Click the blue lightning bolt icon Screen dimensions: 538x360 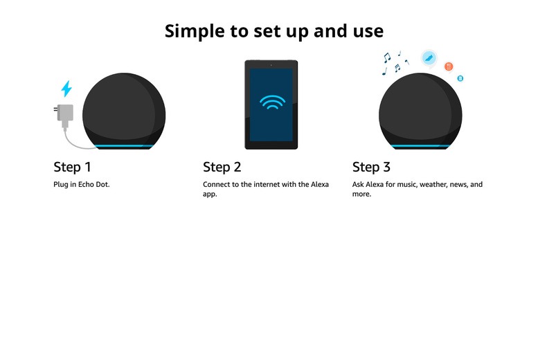point(66,89)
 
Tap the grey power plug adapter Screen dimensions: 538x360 point(64,114)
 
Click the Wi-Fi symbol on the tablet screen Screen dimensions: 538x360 point(272,102)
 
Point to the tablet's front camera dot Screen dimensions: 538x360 point(271,65)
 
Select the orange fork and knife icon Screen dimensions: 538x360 point(449,66)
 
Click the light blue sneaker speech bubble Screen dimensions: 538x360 point(429,58)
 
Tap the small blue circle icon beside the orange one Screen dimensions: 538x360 point(460,78)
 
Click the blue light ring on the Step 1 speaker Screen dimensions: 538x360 point(124,146)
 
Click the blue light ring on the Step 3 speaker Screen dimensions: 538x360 point(420,146)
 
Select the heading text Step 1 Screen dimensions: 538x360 point(72,167)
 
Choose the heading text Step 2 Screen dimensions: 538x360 point(222,167)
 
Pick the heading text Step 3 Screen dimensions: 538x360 point(371,167)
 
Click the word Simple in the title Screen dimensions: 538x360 point(195,31)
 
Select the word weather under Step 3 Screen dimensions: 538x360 point(433,184)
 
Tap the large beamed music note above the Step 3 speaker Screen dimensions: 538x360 point(387,57)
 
